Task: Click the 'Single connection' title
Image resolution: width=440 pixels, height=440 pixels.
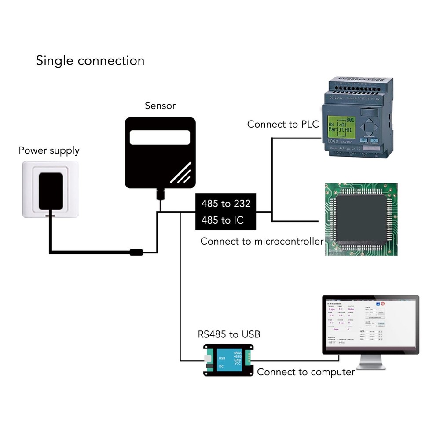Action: click(x=90, y=60)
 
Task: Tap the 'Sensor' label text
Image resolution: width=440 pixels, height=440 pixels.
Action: click(x=160, y=106)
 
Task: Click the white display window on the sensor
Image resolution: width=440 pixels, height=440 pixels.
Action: click(x=160, y=137)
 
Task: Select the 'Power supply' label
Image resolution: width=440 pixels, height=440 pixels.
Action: click(x=49, y=150)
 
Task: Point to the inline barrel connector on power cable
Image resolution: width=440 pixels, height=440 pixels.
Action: click(x=136, y=253)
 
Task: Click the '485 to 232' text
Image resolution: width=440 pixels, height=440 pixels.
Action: click(x=226, y=204)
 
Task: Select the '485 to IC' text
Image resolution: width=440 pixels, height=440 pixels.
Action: click(x=222, y=220)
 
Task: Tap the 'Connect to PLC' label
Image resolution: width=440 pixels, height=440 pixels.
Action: click(x=282, y=124)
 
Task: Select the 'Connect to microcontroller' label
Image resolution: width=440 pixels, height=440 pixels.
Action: click(x=262, y=241)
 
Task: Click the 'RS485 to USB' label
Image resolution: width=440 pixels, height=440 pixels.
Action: click(x=229, y=334)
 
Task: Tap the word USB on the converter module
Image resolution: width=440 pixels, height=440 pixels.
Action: click(x=222, y=358)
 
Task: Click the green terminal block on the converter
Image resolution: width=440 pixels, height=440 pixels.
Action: click(x=249, y=358)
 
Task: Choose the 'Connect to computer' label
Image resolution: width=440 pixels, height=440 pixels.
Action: click(x=306, y=372)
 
